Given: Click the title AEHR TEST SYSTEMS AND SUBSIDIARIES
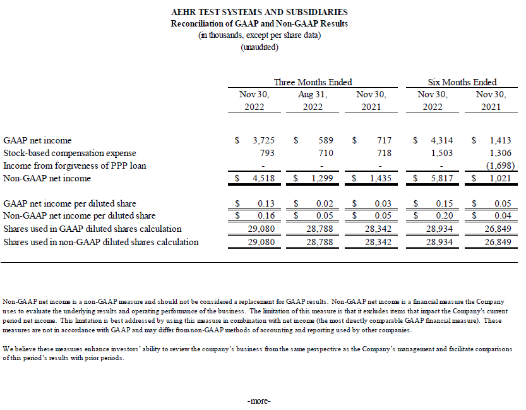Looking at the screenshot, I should tap(259, 12).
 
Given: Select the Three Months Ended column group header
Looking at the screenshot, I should tap(313, 82).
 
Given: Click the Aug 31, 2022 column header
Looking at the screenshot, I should tap(313, 100).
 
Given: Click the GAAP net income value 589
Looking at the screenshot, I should tap(325, 140).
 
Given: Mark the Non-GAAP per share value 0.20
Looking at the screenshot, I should tap(442, 216).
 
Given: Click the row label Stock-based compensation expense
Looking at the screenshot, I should tap(69, 153).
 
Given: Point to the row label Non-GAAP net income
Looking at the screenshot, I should tap(47, 178).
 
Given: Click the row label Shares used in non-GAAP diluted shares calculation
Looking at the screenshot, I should tap(101, 242).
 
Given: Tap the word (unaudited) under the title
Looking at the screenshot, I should tap(259, 47).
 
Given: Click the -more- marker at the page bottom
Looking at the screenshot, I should tap(259, 401).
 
